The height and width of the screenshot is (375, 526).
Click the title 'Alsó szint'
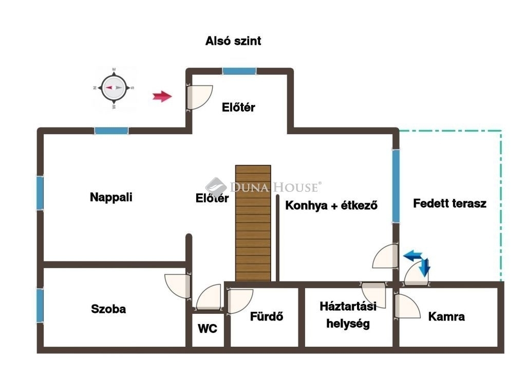click(x=233, y=41)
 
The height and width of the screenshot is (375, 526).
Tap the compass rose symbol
click(x=114, y=88)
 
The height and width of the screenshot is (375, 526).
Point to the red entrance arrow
click(x=162, y=96)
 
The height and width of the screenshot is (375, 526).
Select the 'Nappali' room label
click(x=111, y=197)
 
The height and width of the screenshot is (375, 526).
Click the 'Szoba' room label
click(x=108, y=309)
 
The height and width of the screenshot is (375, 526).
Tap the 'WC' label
click(x=208, y=328)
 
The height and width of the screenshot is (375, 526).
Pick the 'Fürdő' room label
click(x=267, y=316)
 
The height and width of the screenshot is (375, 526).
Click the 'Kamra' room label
click(x=446, y=316)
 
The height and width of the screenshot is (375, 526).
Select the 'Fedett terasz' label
click(x=449, y=203)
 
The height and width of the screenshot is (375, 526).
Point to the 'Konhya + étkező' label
click(x=331, y=205)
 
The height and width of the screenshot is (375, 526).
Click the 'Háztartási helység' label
click(x=348, y=315)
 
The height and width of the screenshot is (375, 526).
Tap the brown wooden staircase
click(x=253, y=223)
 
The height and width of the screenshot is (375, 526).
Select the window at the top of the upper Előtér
click(x=239, y=71)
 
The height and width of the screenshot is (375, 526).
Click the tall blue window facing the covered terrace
click(x=396, y=186)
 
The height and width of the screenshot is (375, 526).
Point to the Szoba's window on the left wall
click(x=40, y=306)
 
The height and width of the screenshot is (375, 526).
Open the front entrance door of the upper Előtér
click(x=200, y=97)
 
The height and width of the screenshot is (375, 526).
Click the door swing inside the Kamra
click(x=407, y=306)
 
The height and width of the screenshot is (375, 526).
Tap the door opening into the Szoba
click(x=178, y=286)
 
